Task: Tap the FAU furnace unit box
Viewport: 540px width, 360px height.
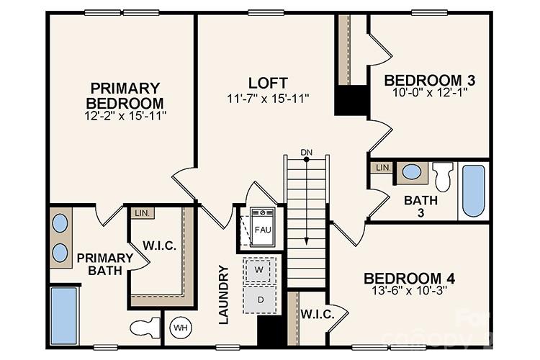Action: pyautogui.click(x=262, y=229)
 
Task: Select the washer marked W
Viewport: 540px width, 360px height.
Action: pyautogui.click(x=259, y=271)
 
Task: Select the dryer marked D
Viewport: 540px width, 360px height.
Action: pyautogui.click(x=259, y=300)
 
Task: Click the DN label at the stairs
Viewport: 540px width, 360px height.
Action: pyautogui.click(x=307, y=151)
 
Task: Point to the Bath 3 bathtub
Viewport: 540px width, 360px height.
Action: pyautogui.click(x=473, y=190)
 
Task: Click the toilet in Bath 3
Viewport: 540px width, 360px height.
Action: pyautogui.click(x=443, y=176)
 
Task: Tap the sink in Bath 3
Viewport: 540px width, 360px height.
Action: pyautogui.click(x=412, y=172)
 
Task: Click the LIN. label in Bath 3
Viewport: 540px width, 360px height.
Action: pyautogui.click(x=382, y=168)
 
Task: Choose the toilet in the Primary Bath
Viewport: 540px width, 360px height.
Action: pyautogui.click(x=146, y=328)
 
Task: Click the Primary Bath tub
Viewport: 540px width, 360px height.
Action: pyautogui.click(x=64, y=315)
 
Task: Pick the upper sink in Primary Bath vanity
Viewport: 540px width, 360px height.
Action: pyautogui.click(x=60, y=224)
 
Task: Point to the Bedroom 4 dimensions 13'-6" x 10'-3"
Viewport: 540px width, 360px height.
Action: pyautogui.click(x=408, y=293)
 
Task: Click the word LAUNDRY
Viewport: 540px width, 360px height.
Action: pyautogui.click(x=224, y=294)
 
